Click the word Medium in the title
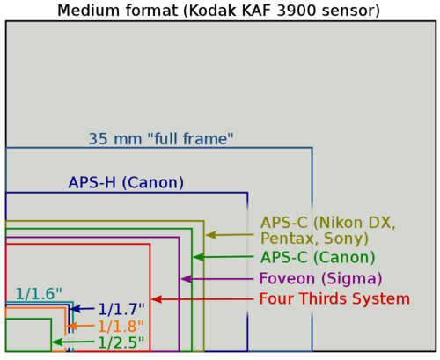point(88,11)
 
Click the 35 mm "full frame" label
point(161,138)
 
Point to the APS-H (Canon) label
point(126,182)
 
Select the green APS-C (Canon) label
point(318,257)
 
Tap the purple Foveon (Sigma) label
point(320,278)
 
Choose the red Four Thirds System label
point(334,298)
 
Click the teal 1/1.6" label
point(39,294)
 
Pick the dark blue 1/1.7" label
point(121,309)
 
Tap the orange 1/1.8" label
point(121,326)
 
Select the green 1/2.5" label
point(121,342)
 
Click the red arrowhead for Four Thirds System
point(157,299)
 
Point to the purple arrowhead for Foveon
point(187,279)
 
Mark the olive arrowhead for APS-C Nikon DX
point(210,235)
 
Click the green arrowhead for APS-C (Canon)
point(199,257)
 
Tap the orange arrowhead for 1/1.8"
point(72,326)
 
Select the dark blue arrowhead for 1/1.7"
point(76,309)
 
